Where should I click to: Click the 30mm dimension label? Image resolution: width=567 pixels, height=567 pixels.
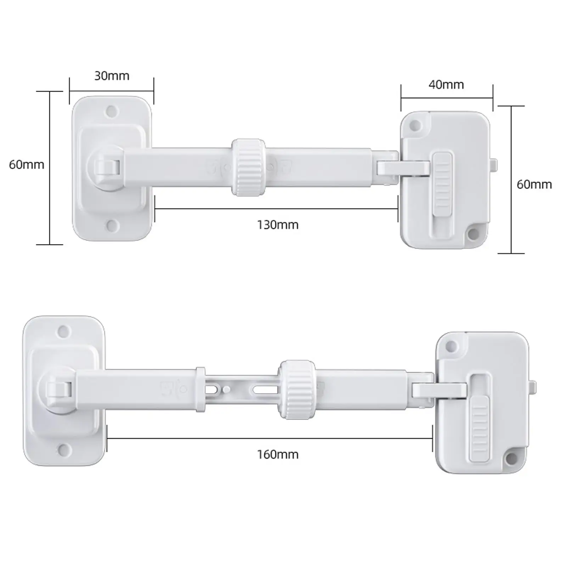click(112, 76)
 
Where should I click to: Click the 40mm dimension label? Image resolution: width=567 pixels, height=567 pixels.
click(446, 85)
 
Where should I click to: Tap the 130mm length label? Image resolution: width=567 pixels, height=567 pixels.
click(277, 225)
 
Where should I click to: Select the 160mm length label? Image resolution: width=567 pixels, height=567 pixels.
click(277, 454)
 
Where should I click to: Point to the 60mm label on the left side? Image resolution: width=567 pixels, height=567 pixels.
click(27, 165)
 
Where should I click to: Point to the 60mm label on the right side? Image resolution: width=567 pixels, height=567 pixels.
click(534, 184)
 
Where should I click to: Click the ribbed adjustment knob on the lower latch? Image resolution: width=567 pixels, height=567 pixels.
click(297, 389)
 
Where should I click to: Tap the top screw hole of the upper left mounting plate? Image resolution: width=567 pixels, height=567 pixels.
click(112, 111)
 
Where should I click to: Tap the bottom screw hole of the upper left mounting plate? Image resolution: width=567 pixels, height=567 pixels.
click(112, 225)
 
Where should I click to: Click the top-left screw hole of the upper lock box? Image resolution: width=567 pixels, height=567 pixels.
click(415, 125)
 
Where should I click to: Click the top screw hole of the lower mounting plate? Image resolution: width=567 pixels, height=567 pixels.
click(64, 332)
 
